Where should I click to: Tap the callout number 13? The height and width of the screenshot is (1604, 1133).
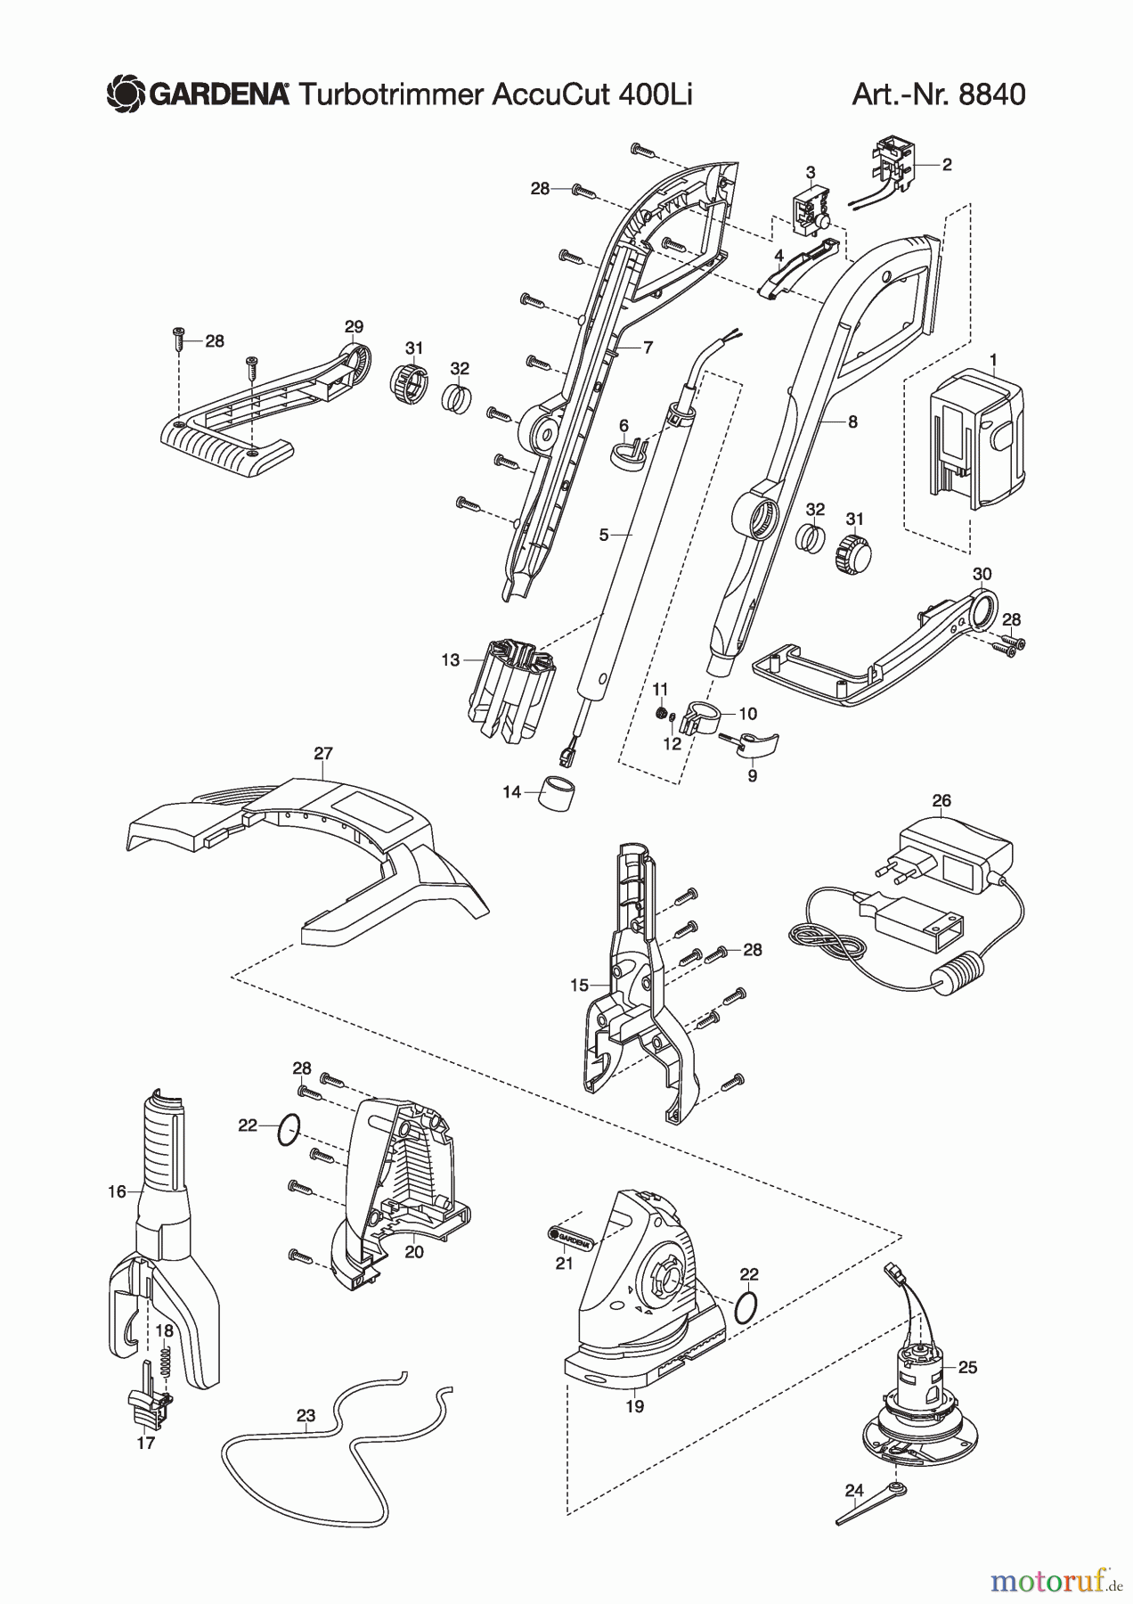tap(450, 660)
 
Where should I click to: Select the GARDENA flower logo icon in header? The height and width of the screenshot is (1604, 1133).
tap(125, 93)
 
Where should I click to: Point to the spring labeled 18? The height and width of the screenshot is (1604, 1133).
tap(163, 1361)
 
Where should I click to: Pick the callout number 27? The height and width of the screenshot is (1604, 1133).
tap(322, 754)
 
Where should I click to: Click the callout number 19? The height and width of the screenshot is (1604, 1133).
tap(634, 1406)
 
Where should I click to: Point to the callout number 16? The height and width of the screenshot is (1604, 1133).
tap(117, 1191)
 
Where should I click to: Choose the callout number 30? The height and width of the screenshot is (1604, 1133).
tap(982, 575)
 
